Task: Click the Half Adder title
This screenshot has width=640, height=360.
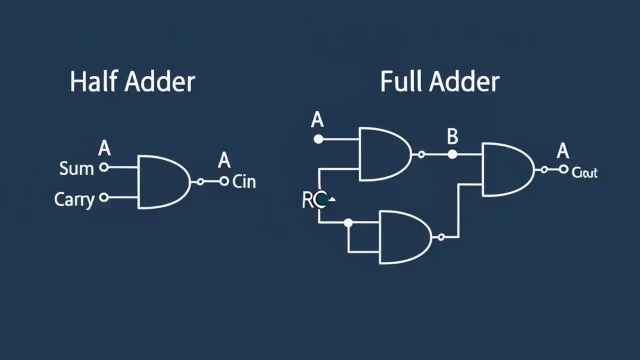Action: (132, 81)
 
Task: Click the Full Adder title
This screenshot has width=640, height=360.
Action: (439, 81)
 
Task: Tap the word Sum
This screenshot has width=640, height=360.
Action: (76, 168)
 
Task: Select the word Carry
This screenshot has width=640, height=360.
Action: (74, 199)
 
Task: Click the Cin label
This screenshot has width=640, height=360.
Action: (244, 181)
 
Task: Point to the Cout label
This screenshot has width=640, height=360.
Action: (584, 173)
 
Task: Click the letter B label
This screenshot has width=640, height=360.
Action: (452, 136)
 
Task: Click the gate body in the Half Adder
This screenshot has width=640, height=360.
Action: (162, 181)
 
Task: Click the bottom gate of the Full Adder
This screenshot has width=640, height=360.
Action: (403, 237)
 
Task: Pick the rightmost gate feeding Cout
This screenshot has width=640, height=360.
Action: (505, 169)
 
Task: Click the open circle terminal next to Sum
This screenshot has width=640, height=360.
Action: (104, 167)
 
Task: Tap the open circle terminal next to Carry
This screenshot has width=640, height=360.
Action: (104, 197)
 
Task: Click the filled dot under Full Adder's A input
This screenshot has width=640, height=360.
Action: (318, 139)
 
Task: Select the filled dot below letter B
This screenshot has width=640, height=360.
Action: (452, 154)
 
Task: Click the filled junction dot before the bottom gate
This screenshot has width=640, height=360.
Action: (348, 222)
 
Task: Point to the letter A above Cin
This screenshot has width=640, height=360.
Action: (224, 160)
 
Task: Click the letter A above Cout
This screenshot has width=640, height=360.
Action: (563, 150)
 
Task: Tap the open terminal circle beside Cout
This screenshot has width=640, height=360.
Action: (563, 169)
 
